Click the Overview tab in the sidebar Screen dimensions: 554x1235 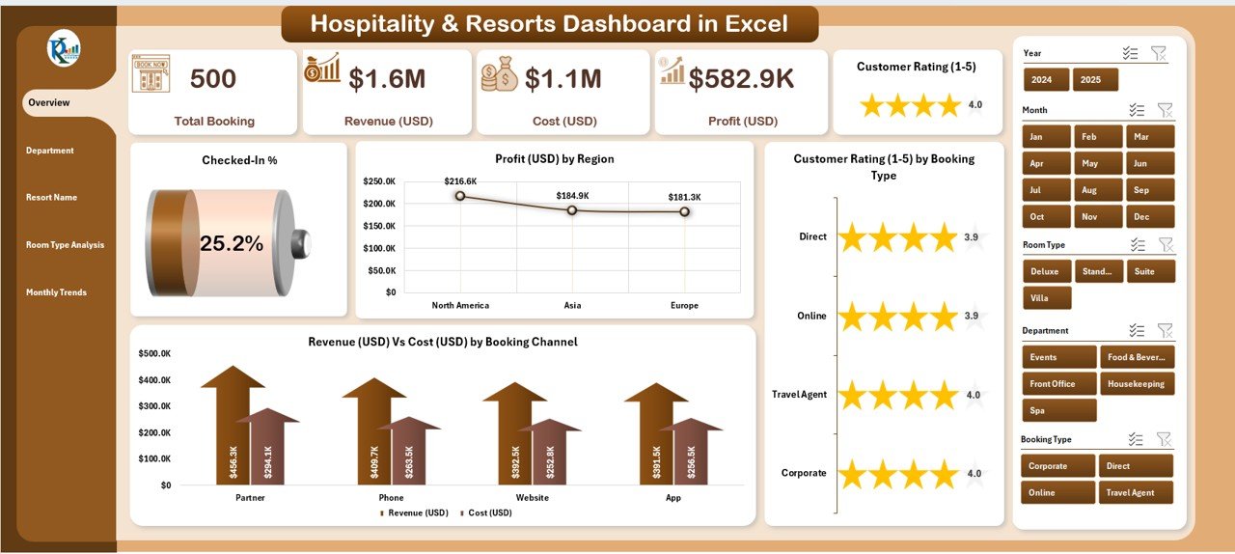tap(49, 102)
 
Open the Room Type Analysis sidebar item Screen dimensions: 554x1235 tap(65, 245)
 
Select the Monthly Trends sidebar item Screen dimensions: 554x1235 tap(56, 292)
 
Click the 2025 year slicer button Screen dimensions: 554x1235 tap(1095, 80)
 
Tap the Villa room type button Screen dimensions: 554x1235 tap(1046, 298)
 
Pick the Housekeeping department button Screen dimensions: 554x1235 tap(1137, 384)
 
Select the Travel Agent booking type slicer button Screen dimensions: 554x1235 tap(1137, 492)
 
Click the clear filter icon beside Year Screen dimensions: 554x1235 tap(1159, 54)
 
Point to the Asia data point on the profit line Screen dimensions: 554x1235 tap(572, 209)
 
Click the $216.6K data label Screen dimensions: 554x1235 tap(460, 180)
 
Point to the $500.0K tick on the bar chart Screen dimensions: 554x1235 tap(155, 354)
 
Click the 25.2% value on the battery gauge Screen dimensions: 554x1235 tap(232, 244)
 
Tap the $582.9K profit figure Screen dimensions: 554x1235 tap(741, 79)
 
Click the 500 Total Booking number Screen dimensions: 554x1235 tap(213, 79)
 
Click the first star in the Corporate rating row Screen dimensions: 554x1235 tap(852, 474)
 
